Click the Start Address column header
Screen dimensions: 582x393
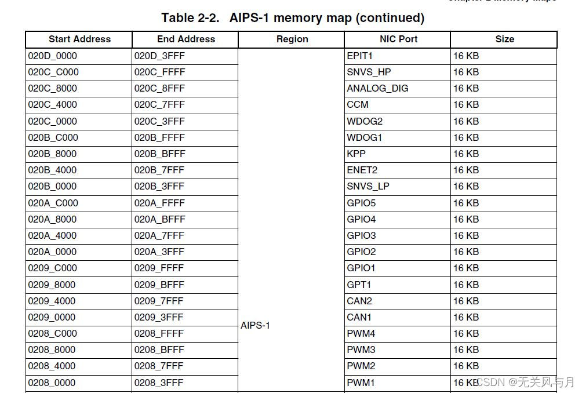click(79, 39)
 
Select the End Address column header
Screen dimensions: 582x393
click(185, 39)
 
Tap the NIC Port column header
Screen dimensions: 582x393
click(398, 39)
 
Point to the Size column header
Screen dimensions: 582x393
click(504, 39)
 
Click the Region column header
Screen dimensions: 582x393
click(292, 39)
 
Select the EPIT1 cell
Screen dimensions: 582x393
click(360, 56)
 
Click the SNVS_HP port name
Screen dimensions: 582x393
click(369, 72)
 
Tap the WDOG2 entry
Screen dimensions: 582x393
click(365, 122)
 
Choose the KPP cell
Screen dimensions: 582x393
click(356, 154)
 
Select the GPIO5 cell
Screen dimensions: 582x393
click(361, 203)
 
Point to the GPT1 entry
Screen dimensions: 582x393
click(359, 285)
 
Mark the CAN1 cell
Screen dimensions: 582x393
click(359, 318)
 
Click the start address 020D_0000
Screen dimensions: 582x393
click(52, 56)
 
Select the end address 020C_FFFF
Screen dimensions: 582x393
click(159, 72)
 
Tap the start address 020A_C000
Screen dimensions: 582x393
click(53, 203)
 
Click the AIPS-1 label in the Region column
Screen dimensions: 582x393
click(255, 326)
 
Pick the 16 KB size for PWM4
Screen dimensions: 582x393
click(466, 334)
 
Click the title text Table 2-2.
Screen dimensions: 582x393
click(190, 18)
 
